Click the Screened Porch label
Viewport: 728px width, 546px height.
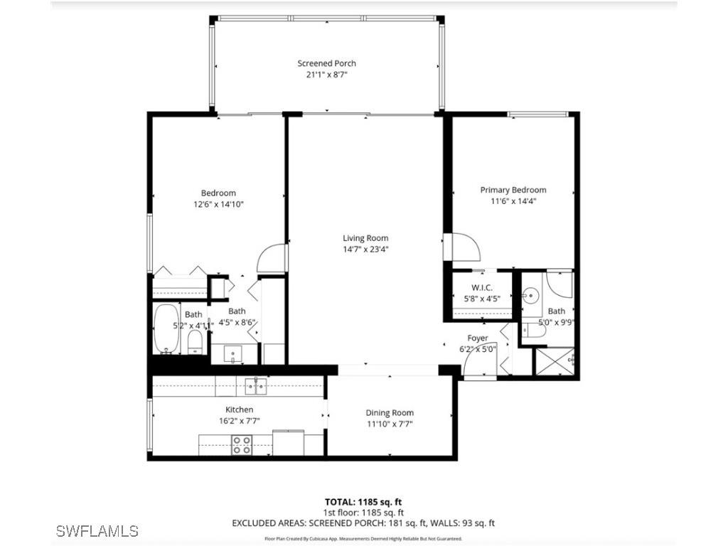coord(326,63)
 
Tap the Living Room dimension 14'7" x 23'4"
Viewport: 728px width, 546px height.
coord(365,250)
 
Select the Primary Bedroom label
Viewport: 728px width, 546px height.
coord(513,190)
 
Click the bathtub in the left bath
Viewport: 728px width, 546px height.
coord(168,329)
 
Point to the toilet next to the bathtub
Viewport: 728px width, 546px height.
coord(196,343)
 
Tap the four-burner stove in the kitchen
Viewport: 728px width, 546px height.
coord(242,445)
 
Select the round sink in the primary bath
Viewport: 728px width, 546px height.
coord(531,295)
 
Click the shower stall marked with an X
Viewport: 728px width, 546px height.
coord(554,361)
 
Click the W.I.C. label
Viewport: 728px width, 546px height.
coord(482,288)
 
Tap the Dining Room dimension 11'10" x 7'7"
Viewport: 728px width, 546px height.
coord(390,424)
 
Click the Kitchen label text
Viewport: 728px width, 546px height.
coord(239,409)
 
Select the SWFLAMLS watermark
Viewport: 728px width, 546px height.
coord(97,530)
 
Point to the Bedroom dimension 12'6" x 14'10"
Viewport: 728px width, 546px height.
coord(218,204)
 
